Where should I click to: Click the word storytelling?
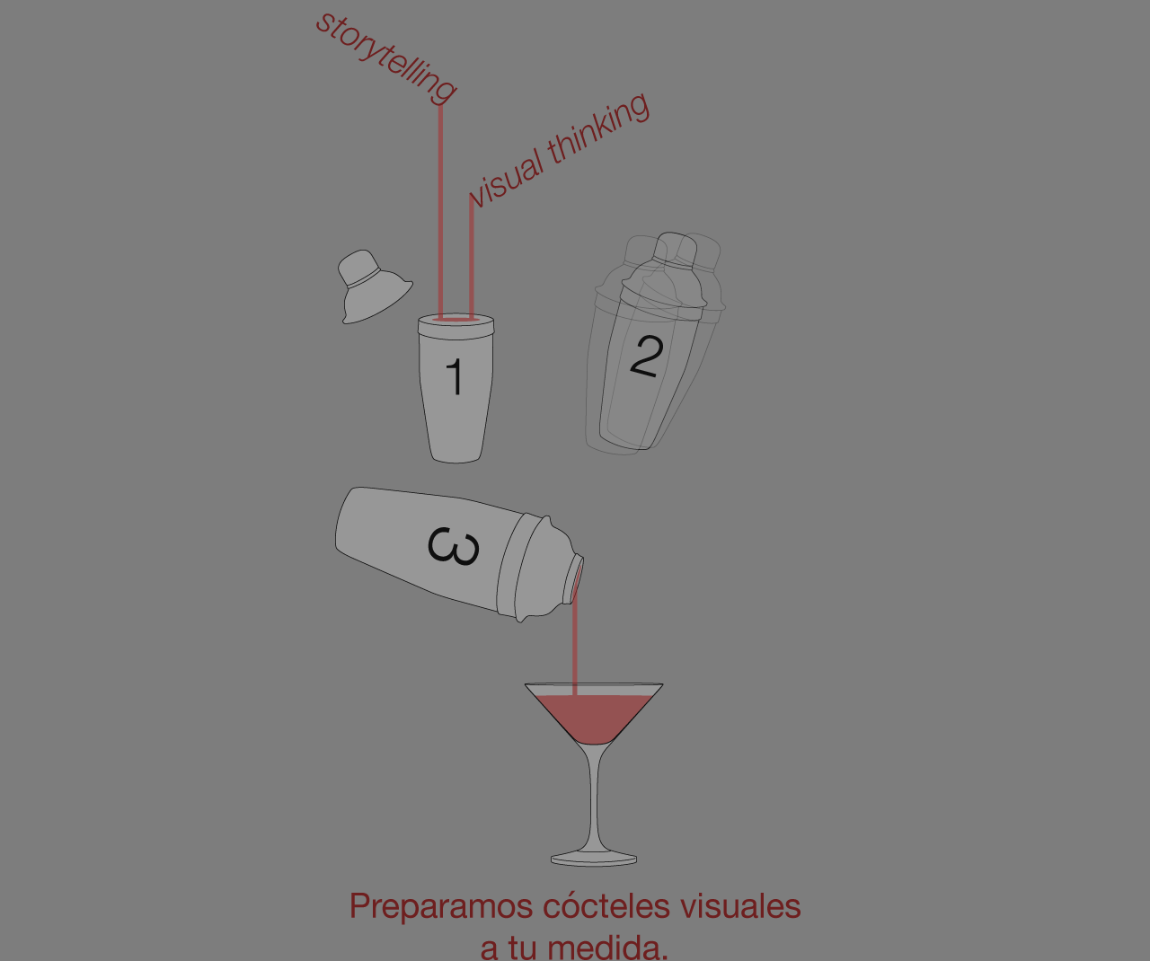tap(385, 57)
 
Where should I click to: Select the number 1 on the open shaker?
tap(455, 376)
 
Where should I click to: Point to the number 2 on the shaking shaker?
tap(647, 357)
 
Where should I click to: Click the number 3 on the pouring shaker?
tap(454, 546)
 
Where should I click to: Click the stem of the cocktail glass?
tap(594, 798)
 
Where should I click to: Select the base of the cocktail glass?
tap(594, 860)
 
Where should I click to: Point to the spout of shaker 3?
tap(576, 578)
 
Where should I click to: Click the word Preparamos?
tap(441, 907)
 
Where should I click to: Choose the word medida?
tap(607, 948)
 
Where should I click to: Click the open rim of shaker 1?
tap(456, 320)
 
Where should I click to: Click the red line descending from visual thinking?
tap(472, 256)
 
